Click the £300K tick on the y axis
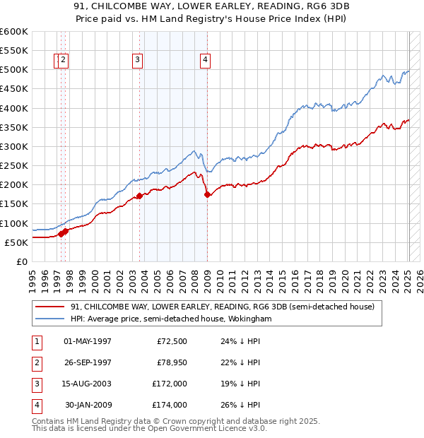(x=15, y=146)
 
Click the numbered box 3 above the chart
(x=137, y=60)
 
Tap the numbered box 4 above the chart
(x=205, y=60)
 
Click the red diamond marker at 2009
(x=207, y=195)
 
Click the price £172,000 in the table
(x=170, y=384)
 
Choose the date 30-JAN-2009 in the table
(x=88, y=405)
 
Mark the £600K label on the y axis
(x=15, y=31)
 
